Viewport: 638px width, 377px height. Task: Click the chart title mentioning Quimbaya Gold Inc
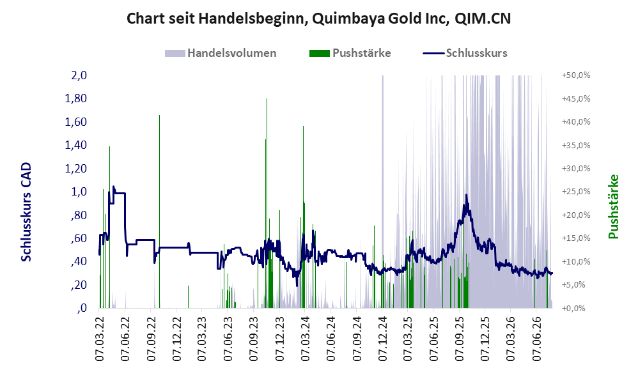coord(318,19)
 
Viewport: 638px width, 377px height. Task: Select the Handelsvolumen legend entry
coord(221,53)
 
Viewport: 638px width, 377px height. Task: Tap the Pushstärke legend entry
coord(350,53)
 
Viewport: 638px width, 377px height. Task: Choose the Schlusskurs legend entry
coord(465,53)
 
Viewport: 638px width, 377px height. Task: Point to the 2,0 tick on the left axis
coord(79,75)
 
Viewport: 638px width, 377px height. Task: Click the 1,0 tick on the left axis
coord(79,192)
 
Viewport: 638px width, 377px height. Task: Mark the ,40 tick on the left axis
coord(79,261)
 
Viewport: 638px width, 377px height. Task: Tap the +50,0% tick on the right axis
coord(576,75)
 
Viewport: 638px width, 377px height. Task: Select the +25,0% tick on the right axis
coord(576,192)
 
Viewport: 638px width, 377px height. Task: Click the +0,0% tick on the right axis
coord(573,308)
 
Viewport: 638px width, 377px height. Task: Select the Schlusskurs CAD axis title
coord(26,212)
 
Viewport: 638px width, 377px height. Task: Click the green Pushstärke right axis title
coord(613,206)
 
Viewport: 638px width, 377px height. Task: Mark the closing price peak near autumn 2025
coord(466,195)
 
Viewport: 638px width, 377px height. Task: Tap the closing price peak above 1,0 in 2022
coord(114,187)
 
